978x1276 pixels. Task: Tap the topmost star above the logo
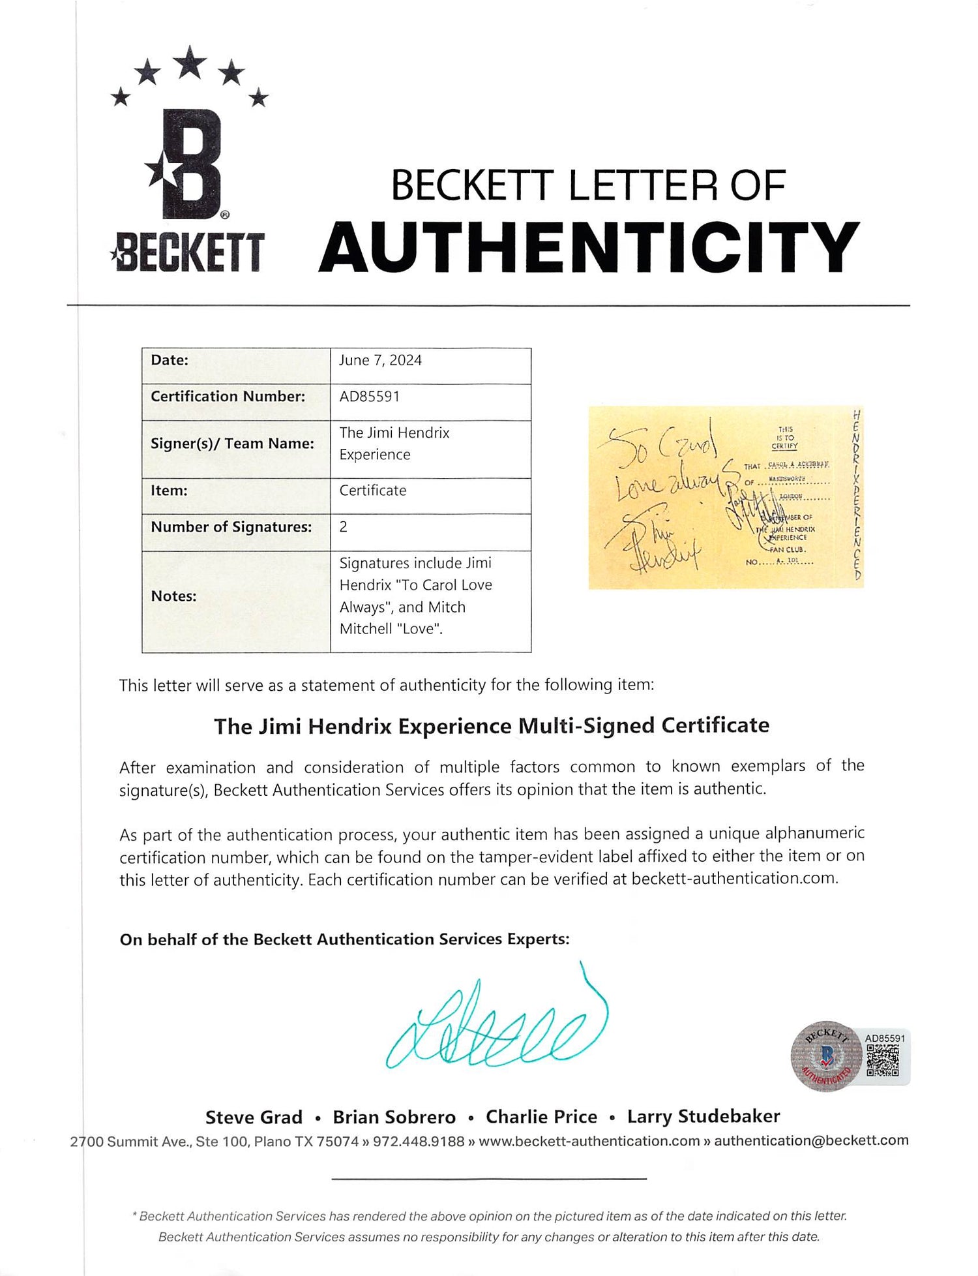click(190, 63)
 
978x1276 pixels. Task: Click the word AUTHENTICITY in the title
click(589, 248)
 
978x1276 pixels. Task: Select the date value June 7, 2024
click(380, 360)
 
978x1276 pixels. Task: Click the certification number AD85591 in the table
click(369, 397)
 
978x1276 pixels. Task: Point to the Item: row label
click(169, 491)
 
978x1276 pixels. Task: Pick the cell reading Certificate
click(372, 491)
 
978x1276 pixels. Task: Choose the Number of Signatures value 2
click(344, 527)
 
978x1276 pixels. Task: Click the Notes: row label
click(173, 596)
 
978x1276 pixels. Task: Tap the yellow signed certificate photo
click(725, 498)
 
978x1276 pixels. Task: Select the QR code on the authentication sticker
click(882, 1061)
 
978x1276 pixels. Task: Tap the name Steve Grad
click(254, 1117)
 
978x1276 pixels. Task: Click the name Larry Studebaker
click(703, 1117)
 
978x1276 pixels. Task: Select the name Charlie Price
click(541, 1117)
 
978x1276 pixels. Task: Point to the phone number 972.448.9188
click(418, 1142)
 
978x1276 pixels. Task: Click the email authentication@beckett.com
click(810, 1140)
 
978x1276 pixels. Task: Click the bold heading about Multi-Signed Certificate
click(492, 726)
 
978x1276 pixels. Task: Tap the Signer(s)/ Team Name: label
click(232, 444)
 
